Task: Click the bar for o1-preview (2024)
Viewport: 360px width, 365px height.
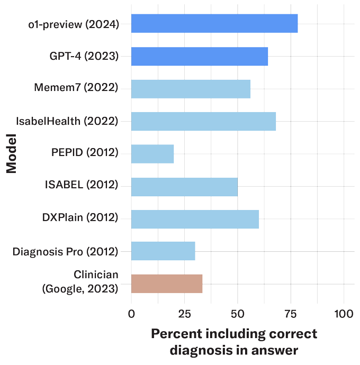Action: [214, 23]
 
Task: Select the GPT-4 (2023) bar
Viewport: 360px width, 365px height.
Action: [200, 56]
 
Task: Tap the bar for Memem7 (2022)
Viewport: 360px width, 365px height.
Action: [191, 89]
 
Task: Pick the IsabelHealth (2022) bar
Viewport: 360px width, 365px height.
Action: [203, 121]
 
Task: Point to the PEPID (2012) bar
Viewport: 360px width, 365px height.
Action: [152, 154]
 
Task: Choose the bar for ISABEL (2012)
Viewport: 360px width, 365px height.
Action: [184, 187]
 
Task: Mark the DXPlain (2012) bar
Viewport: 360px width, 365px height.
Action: [195, 219]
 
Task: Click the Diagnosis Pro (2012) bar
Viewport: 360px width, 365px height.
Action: [163, 251]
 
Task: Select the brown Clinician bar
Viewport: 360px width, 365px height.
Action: [167, 284]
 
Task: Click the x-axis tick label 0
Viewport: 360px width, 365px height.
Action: [131, 314]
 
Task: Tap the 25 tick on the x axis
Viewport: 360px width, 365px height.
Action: [185, 314]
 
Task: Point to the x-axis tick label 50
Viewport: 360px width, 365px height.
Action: [237, 314]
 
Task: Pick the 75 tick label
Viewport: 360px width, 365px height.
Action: [291, 314]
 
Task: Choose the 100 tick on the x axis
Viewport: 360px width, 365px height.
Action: [344, 314]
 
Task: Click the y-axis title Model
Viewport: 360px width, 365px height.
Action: [12, 153]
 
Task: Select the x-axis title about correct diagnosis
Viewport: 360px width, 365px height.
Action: [234, 342]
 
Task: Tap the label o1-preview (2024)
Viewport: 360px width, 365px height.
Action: [74, 24]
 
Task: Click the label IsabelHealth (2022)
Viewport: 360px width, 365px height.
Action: [67, 121]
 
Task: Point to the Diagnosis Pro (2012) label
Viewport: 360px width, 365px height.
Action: [65, 252]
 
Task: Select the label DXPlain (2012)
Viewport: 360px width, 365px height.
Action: [80, 217]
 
